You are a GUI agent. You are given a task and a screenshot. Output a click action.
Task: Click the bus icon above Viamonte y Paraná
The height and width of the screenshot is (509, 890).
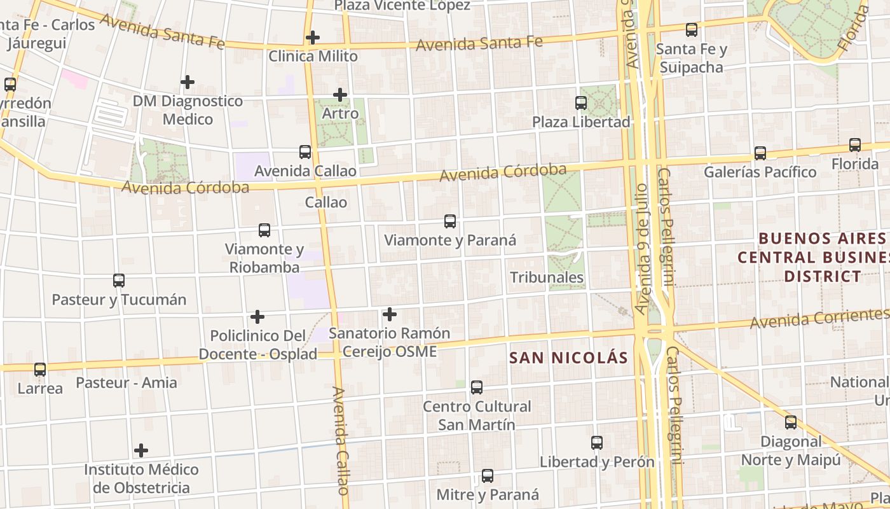(450, 221)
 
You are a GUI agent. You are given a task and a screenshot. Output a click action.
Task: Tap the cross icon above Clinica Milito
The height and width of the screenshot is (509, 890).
(312, 38)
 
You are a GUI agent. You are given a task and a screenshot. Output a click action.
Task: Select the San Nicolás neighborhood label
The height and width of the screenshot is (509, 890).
(568, 358)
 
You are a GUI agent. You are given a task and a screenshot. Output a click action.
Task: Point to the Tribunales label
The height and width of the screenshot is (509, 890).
(547, 277)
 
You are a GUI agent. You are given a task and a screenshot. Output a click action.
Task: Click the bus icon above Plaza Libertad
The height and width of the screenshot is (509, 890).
(581, 102)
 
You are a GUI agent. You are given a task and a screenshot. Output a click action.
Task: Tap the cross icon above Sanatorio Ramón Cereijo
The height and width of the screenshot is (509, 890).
(390, 314)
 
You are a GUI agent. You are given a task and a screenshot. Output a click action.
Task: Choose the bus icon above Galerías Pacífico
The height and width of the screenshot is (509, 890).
(760, 153)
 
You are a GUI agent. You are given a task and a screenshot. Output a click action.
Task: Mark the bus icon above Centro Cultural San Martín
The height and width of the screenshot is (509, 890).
(477, 387)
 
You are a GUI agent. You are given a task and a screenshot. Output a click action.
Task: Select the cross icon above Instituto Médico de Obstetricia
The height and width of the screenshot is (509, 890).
(141, 450)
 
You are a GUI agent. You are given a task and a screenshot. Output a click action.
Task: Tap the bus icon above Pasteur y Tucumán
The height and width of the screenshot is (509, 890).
(119, 280)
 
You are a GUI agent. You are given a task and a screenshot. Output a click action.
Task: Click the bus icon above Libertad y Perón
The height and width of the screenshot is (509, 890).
(597, 442)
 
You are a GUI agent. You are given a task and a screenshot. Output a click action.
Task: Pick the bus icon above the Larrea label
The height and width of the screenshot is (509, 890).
(40, 369)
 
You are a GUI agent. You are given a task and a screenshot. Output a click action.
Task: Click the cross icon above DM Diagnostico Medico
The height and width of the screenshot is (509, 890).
(188, 82)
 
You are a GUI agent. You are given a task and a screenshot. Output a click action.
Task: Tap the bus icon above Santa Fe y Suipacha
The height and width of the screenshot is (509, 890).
(692, 29)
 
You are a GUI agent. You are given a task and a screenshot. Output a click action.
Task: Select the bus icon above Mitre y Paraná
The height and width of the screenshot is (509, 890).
(488, 475)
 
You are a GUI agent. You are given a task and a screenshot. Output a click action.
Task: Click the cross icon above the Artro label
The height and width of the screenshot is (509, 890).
(341, 95)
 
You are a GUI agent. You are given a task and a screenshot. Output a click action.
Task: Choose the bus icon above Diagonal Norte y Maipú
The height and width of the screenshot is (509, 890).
(791, 422)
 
